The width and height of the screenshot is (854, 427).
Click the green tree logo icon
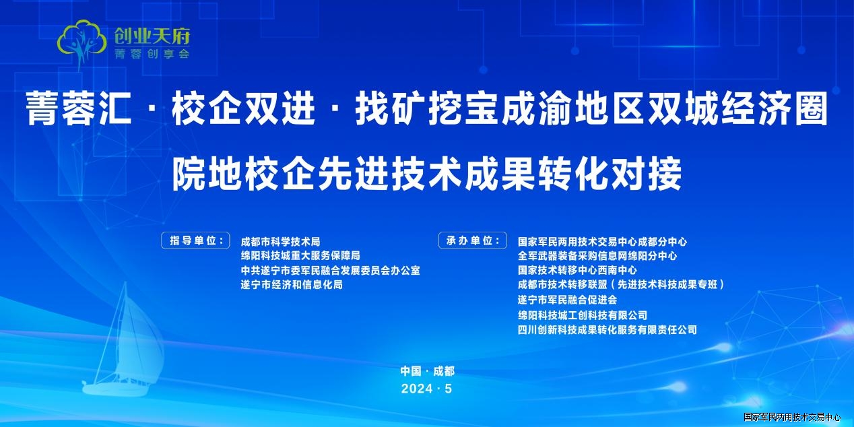81,42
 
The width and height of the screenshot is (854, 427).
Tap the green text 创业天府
152,36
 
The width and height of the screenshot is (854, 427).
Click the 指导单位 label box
195,240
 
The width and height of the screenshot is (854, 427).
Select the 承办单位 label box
473,240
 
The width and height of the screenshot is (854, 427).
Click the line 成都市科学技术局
280,242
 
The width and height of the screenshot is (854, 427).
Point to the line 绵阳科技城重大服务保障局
300,255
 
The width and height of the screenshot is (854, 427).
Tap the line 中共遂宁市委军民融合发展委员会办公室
330,270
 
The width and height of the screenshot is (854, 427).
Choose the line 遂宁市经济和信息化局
292,284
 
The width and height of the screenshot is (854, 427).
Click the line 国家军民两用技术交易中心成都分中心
602,242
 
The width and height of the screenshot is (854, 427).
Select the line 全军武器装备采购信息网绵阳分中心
597,255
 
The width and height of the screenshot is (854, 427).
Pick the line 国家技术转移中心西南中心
577,270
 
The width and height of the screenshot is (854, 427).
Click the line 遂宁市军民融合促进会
567,300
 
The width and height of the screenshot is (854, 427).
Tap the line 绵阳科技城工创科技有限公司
583,315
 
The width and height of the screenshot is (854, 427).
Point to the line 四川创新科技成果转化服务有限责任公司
607,329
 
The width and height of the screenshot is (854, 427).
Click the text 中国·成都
428,371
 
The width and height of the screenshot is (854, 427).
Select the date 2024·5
426,389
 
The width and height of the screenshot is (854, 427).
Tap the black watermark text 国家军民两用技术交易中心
792,417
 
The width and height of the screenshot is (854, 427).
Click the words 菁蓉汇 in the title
79,108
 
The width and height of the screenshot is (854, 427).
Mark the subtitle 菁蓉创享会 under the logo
152,54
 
